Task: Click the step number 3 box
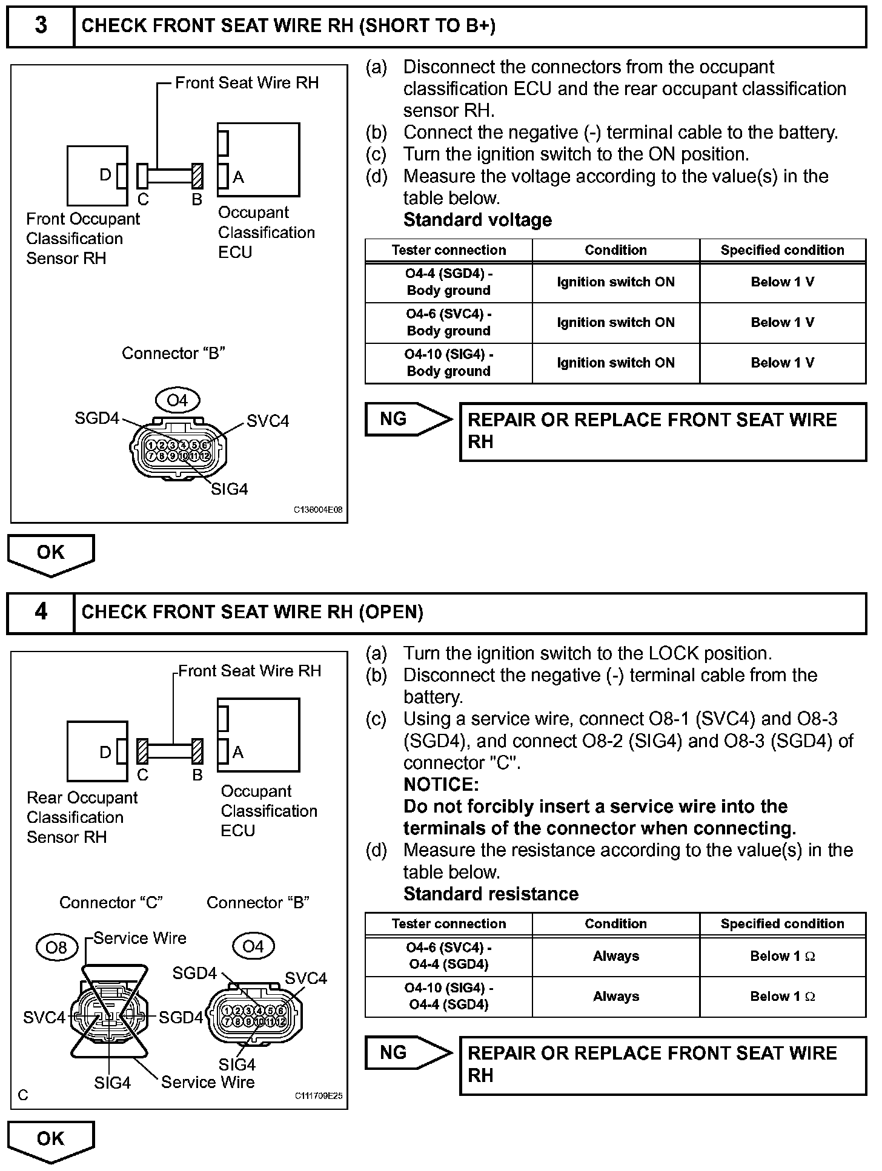(x=41, y=25)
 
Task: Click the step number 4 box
(x=41, y=612)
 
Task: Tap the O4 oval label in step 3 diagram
(x=177, y=400)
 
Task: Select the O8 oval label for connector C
(x=56, y=947)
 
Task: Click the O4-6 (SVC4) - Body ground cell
(x=448, y=323)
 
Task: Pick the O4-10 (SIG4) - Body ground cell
(x=448, y=363)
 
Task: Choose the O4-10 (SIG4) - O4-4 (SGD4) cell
(x=448, y=996)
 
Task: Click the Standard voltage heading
(x=477, y=220)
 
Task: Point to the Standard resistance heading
(x=491, y=894)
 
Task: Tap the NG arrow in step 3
(x=408, y=419)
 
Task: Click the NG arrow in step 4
(x=408, y=1052)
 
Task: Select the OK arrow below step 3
(x=51, y=553)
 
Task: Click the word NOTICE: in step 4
(x=441, y=785)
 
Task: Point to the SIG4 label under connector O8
(x=112, y=1083)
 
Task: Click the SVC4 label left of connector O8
(x=44, y=1017)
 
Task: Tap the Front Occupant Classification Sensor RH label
(x=82, y=239)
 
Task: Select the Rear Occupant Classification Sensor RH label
(x=82, y=817)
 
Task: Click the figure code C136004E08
(x=318, y=510)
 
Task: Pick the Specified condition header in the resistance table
(x=782, y=923)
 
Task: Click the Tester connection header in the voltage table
(x=448, y=250)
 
